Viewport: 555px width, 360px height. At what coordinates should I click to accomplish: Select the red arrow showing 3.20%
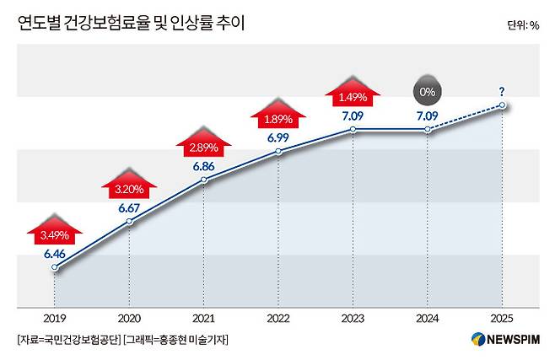pos(128,184)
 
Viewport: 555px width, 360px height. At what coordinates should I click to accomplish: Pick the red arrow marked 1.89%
pos(277,114)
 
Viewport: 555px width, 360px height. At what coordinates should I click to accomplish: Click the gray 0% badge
pos(427,89)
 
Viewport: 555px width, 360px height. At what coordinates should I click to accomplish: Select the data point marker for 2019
pos(55,267)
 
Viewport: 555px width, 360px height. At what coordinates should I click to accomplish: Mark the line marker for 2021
pos(203,180)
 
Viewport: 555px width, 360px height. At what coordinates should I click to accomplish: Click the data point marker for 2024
pos(428,129)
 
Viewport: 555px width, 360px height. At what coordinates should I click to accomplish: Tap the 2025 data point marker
pos(502,105)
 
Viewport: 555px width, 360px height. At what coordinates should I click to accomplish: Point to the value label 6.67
pos(129,207)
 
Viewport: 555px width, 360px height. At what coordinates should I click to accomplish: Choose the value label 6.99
pos(277,137)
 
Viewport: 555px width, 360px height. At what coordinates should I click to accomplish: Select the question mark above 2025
pos(502,91)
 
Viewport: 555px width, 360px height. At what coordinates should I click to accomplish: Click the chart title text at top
pos(131,24)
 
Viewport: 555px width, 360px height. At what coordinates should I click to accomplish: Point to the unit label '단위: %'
pos(523,25)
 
